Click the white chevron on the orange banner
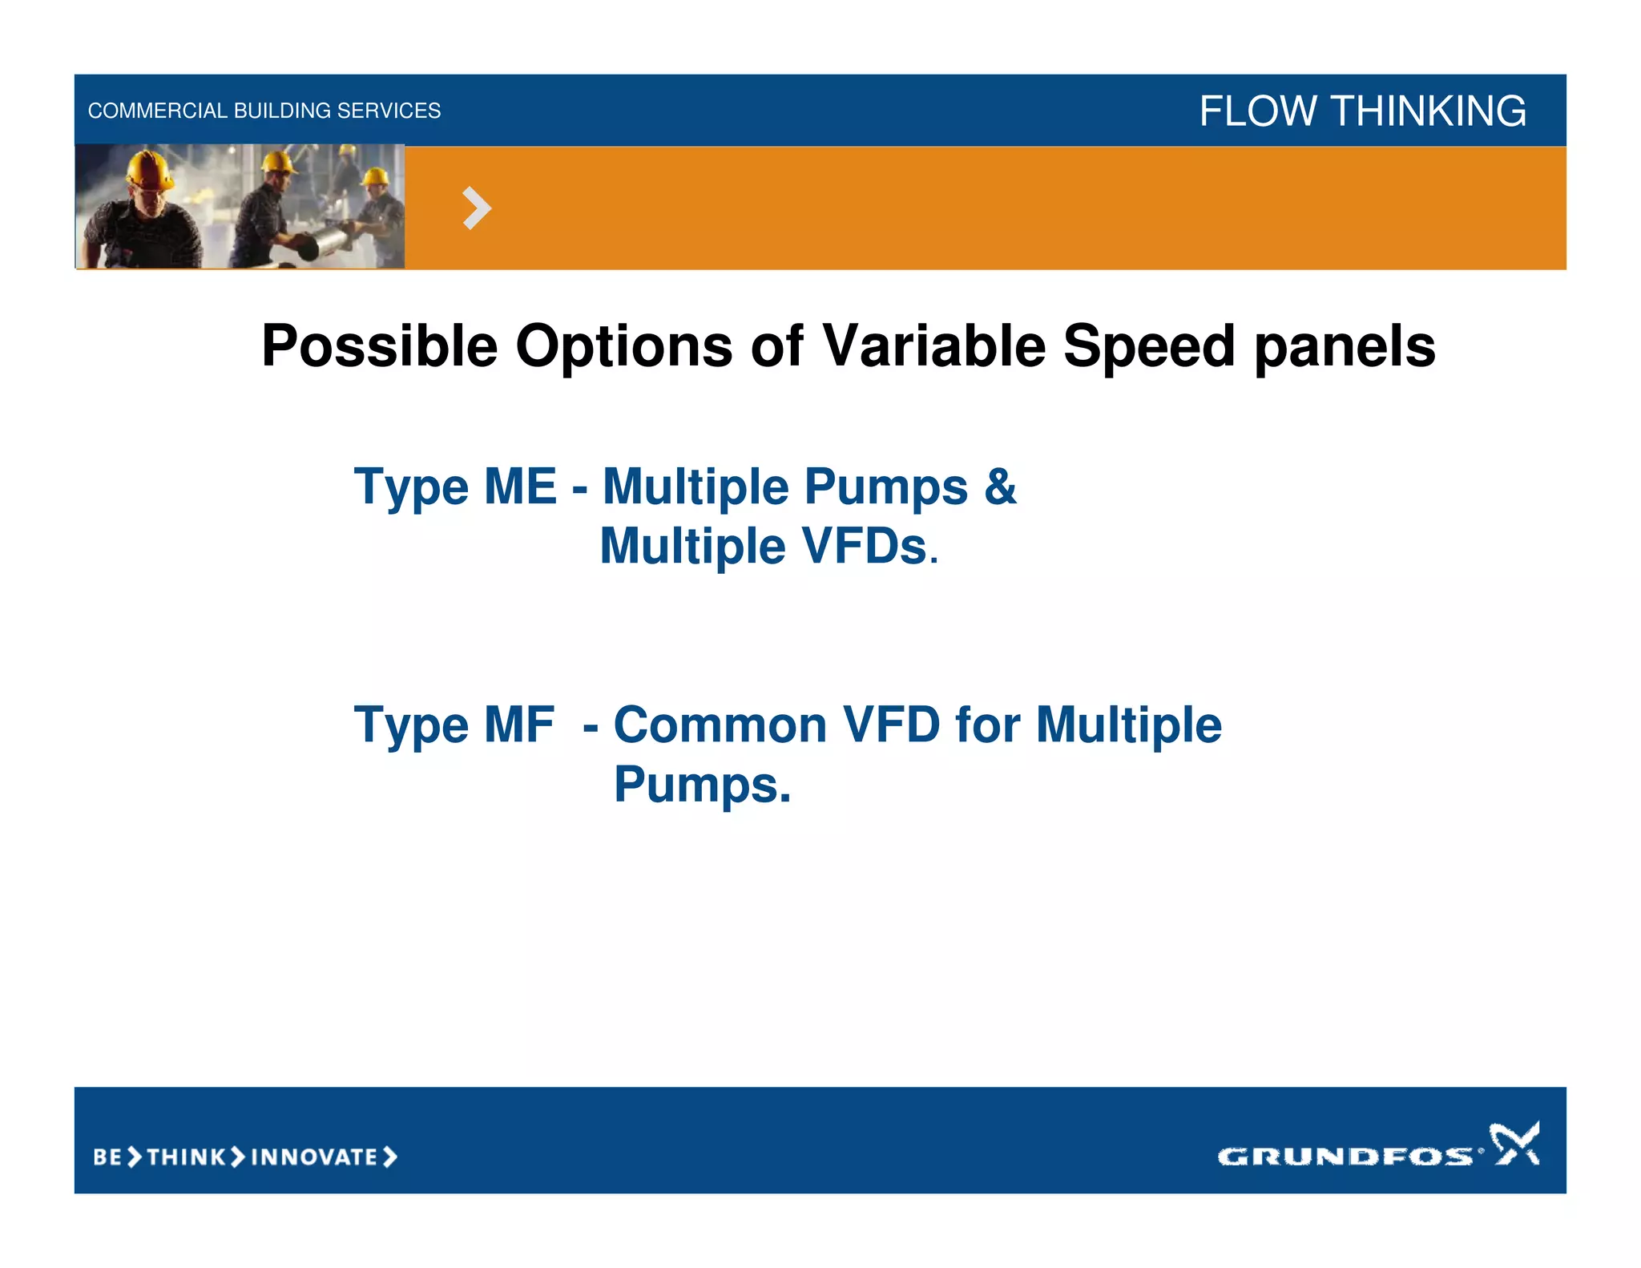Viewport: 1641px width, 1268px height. (477, 208)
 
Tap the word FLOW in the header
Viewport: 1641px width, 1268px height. (1258, 111)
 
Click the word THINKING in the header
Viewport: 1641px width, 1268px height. (1429, 111)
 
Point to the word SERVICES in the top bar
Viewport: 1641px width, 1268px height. (389, 111)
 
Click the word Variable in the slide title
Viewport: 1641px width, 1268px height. (933, 346)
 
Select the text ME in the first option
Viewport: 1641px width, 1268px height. (520, 486)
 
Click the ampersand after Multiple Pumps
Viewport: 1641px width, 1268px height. (1001, 486)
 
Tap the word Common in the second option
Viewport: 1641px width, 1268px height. (720, 725)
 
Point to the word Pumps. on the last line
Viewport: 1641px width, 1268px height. (702, 784)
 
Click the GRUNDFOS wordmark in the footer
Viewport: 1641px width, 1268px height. (1345, 1156)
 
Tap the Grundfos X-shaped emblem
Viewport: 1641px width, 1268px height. (1514, 1143)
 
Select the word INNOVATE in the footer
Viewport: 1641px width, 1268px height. (314, 1157)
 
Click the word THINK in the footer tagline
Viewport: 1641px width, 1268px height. (187, 1157)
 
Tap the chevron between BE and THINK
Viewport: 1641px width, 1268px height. (135, 1157)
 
